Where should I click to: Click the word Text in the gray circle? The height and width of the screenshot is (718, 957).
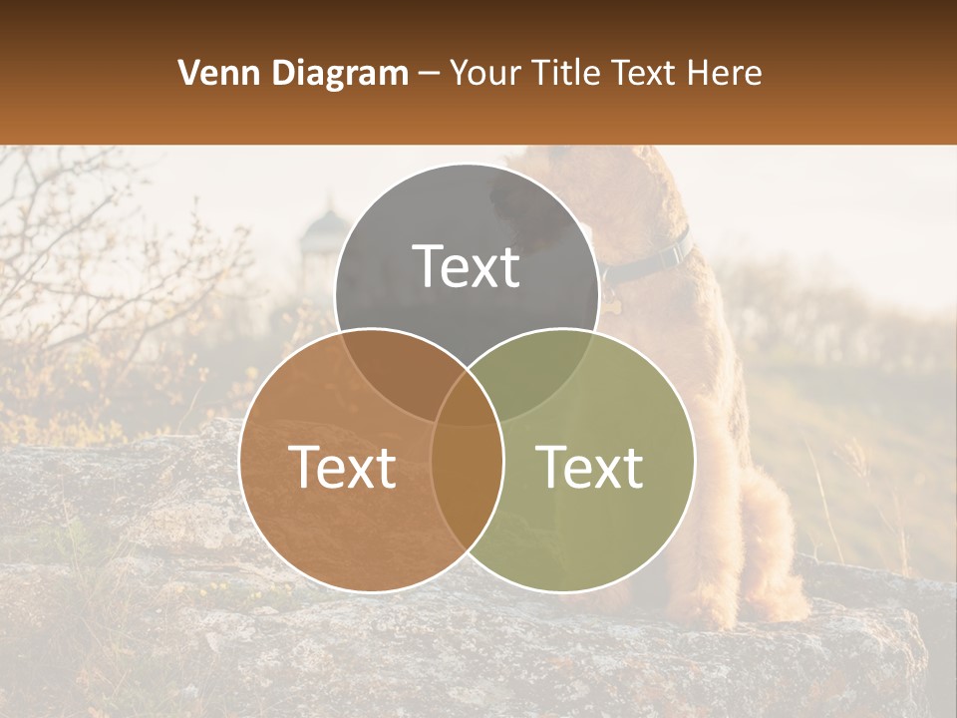tap(467, 266)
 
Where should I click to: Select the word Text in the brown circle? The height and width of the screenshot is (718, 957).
tap(342, 467)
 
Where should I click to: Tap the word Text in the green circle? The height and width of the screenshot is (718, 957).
tap(589, 467)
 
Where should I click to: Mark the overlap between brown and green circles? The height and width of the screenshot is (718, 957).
tap(467, 479)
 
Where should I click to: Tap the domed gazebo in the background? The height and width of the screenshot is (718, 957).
tap(321, 239)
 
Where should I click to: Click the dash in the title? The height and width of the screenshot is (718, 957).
tap(429, 74)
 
